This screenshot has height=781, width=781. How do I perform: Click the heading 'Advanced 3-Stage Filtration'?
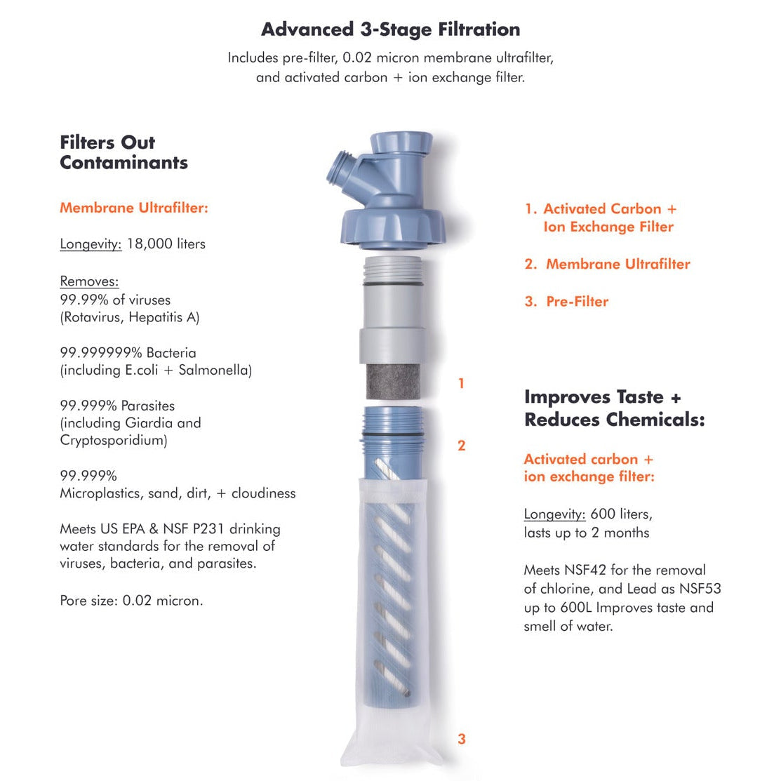tap(390, 29)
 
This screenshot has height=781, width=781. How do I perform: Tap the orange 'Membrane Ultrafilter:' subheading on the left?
tap(134, 208)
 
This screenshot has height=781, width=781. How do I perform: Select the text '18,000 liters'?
tap(166, 244)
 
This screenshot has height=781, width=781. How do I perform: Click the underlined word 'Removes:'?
tap(89, 281)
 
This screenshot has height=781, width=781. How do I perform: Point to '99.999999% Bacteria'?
tap(128, 352)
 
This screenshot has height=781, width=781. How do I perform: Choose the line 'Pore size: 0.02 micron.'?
tap(131, 601)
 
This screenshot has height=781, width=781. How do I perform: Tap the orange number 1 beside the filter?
tap(461, 383)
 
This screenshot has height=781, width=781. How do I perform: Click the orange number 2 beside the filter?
tap(461, 446)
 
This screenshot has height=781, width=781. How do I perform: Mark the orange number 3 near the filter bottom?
tap(461, 738)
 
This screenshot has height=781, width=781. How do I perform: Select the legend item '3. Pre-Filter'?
tap(567, 302)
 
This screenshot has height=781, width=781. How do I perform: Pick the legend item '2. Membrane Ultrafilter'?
tap(608, 265)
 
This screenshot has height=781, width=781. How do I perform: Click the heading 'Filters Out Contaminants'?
tap(124, 152)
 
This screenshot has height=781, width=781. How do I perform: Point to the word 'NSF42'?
tap(586, 570)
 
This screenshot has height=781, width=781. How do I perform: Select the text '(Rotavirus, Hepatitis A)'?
tap(130, 317)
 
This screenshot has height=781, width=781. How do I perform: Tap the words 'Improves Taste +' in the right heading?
tap(602, 397)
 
